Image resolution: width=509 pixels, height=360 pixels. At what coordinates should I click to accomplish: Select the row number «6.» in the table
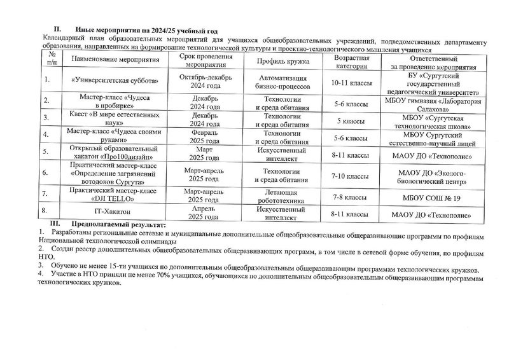pyautogui.click(x=46, y=172)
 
